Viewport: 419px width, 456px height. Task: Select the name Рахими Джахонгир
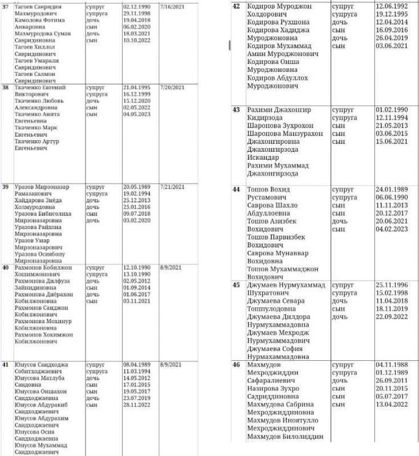[x=279, y=109]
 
